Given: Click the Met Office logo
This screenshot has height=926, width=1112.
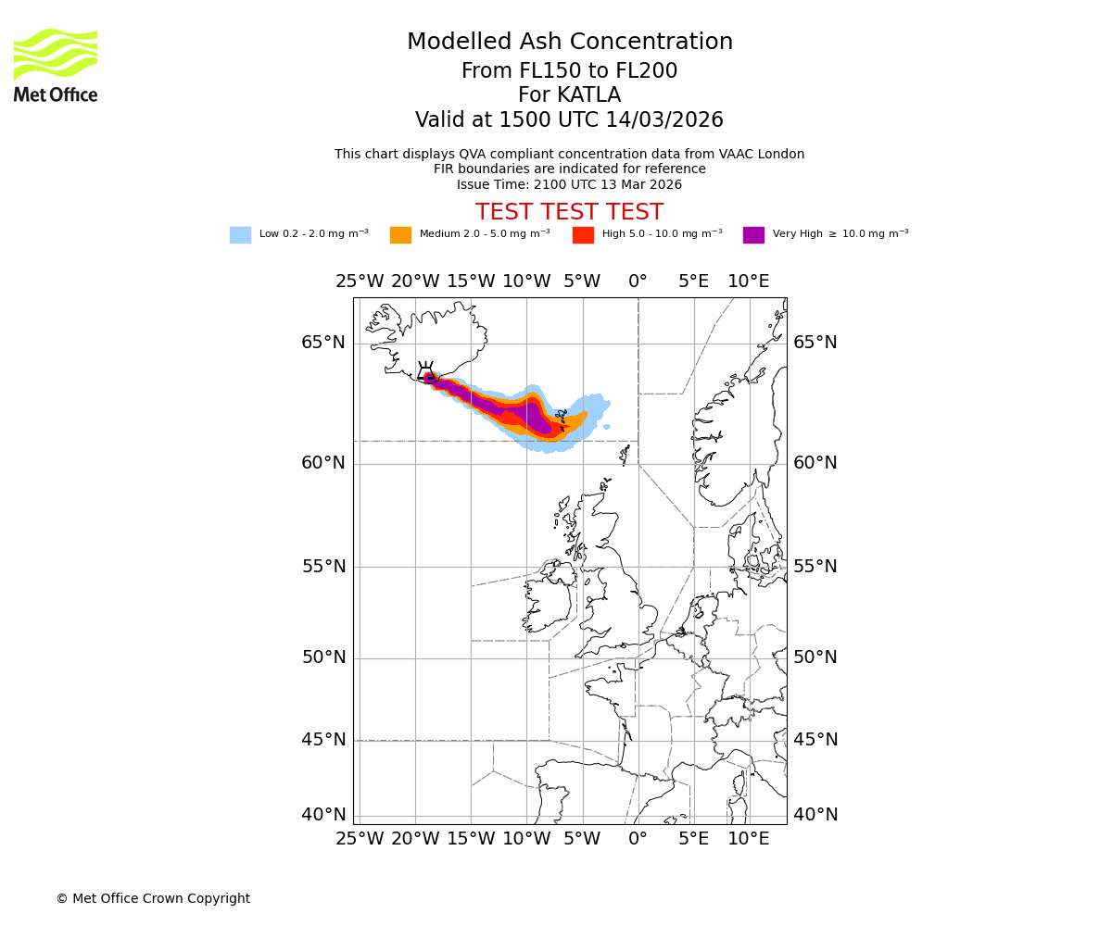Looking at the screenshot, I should point(56,65).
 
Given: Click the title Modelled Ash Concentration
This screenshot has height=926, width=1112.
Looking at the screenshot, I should point(569,43).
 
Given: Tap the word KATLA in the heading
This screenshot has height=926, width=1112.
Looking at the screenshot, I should point(589,95).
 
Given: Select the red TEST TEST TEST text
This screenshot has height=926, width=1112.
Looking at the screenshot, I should point(569,212).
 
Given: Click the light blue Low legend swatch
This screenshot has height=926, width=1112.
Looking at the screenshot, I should point(240,235).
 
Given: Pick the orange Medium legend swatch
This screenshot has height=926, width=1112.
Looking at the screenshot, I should point(400,235).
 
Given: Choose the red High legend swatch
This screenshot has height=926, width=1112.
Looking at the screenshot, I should point(583,235).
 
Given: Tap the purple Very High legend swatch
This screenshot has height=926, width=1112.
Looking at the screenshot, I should point(753,235).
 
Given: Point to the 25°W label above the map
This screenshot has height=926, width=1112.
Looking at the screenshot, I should point(359,282).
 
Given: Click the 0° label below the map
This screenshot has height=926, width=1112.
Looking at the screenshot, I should point(638,839).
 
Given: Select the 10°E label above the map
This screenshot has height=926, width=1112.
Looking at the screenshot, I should point(748,282).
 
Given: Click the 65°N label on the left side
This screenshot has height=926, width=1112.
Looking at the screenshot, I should point(322,343).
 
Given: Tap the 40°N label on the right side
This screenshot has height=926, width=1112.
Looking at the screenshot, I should point(815,815).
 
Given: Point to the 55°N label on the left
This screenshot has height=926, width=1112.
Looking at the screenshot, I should point(322,567).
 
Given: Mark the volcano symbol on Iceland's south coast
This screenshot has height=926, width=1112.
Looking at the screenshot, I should point(425,371).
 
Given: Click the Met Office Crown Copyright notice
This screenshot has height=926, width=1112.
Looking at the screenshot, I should point(153,898).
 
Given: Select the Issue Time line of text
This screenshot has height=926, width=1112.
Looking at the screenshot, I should point(569,184).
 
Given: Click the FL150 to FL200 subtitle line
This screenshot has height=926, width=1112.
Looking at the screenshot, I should point(569,71).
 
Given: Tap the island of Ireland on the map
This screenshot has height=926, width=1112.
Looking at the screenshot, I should point(549,600).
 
